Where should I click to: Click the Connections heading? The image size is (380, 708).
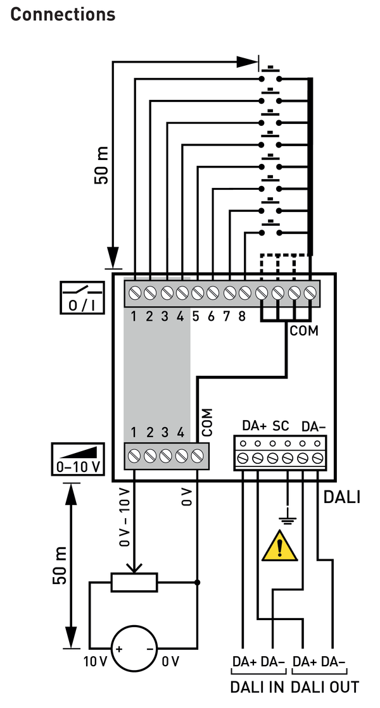[63, 14]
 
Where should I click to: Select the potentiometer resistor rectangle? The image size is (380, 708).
[134, 581]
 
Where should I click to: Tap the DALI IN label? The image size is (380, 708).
[256, 687]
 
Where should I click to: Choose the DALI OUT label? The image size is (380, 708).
[325, 687]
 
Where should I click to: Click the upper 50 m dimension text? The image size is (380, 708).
[101, 165]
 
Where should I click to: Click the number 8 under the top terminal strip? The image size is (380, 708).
[242, 316]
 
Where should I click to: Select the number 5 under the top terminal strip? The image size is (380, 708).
[196, 316]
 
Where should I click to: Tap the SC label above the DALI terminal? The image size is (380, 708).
[281, 425]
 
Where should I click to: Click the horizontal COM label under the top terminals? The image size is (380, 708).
[304, 330]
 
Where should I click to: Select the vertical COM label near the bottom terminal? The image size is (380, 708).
[208, 423]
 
